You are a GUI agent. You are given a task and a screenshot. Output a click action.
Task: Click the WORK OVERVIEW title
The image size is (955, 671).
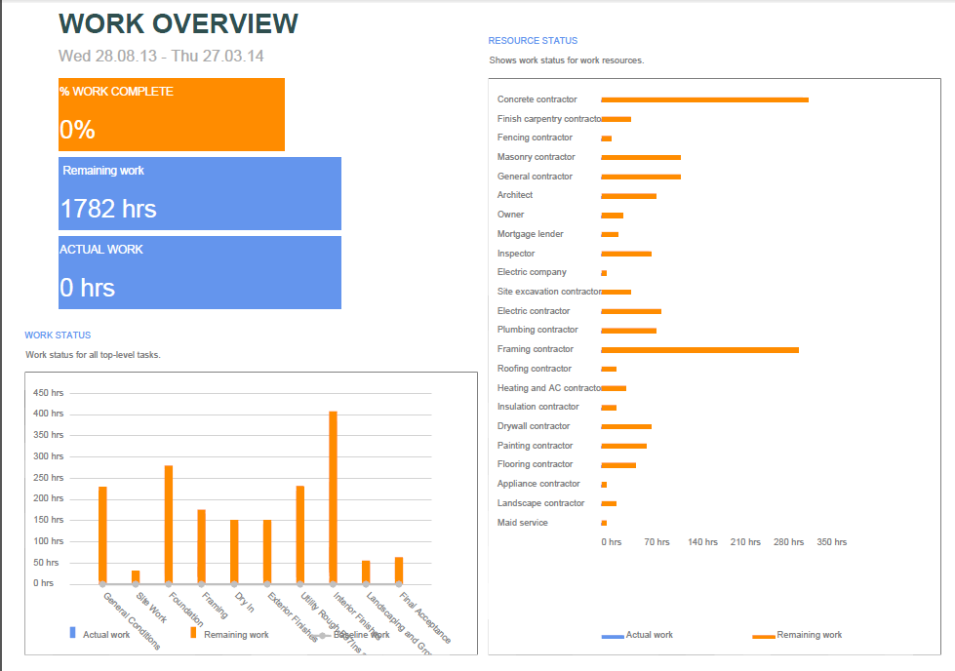pyautogui.click(x=179, y=23)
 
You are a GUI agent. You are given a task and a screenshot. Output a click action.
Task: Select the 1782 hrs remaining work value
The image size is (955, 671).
pyautogui.click(x=108, y=209)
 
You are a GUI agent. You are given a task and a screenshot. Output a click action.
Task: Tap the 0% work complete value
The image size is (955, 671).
pyautogui.click(x=77, y=130)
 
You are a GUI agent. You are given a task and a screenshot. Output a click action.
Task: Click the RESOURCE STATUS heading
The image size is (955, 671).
pyautogui.click(x=533, y=41)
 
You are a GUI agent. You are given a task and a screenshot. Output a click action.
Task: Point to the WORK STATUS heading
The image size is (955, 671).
pyautogui.click(x=58, y=335)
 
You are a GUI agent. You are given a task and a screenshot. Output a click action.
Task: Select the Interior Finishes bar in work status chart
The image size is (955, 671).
pyautogui.click(x=333, y=496)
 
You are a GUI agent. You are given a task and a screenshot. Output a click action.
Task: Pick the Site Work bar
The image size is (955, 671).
pyautogui.click(x=136, y=576)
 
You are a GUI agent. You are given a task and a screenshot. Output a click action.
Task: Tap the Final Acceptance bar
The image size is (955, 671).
pyautogui.click(x=399, y=571)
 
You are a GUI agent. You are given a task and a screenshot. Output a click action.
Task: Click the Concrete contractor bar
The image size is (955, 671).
pyautogui.click(x=704, y=99)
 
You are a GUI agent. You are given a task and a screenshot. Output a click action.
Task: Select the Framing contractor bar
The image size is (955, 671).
pyautogui.click(x=699, y=349)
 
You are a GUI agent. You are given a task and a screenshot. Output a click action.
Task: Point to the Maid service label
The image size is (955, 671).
pyautogui.click(x=523, y=523)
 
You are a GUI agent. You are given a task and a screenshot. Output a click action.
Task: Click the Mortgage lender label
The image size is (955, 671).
pyautogui.click(x=531, y=234)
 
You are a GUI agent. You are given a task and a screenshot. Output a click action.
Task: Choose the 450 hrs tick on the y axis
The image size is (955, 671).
pyautogui.click(x=49, y=393)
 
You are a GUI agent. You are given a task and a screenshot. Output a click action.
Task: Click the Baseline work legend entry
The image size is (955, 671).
pyautogui.click(x=361, y=635)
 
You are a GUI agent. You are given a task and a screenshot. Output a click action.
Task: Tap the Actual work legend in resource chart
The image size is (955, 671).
pyautogui.click(x=649, y=635)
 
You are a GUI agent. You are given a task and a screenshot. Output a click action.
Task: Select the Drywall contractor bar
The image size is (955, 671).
pyautogui.click(x=626, y=426)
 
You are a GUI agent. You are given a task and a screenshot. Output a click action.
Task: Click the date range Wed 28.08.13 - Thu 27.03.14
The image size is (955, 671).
pyautogui.click(x=161, y=57)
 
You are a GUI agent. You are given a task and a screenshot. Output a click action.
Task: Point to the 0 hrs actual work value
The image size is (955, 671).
pyautogui.click(x=88, y=288)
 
